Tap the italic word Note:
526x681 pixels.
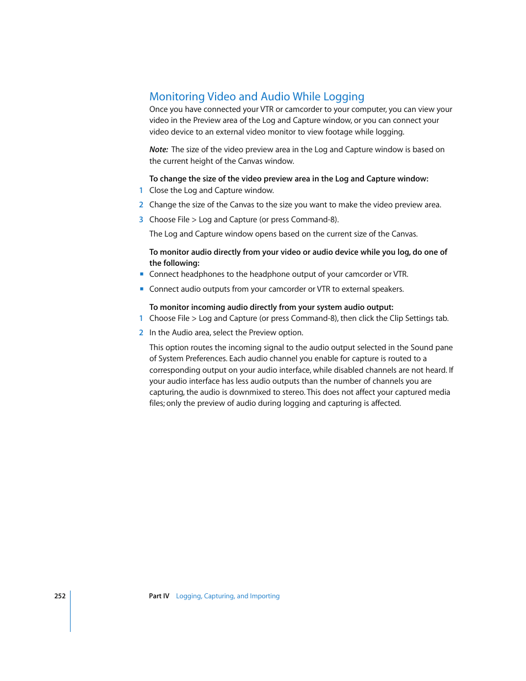159,149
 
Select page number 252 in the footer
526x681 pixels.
60,596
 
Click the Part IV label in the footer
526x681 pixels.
159,596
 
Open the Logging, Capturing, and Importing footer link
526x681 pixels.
228,596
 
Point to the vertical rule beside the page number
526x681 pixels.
71,611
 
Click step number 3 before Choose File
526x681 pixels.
141,219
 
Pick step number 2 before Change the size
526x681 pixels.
141,205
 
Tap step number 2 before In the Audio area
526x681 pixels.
141,333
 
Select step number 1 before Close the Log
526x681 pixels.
141,190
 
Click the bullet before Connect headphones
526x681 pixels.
142,274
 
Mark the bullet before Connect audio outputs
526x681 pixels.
142,289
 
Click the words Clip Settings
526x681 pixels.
411,318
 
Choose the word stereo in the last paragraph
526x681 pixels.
293,392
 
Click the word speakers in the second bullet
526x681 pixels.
389,289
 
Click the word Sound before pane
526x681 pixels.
422,347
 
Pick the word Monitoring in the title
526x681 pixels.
177,97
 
